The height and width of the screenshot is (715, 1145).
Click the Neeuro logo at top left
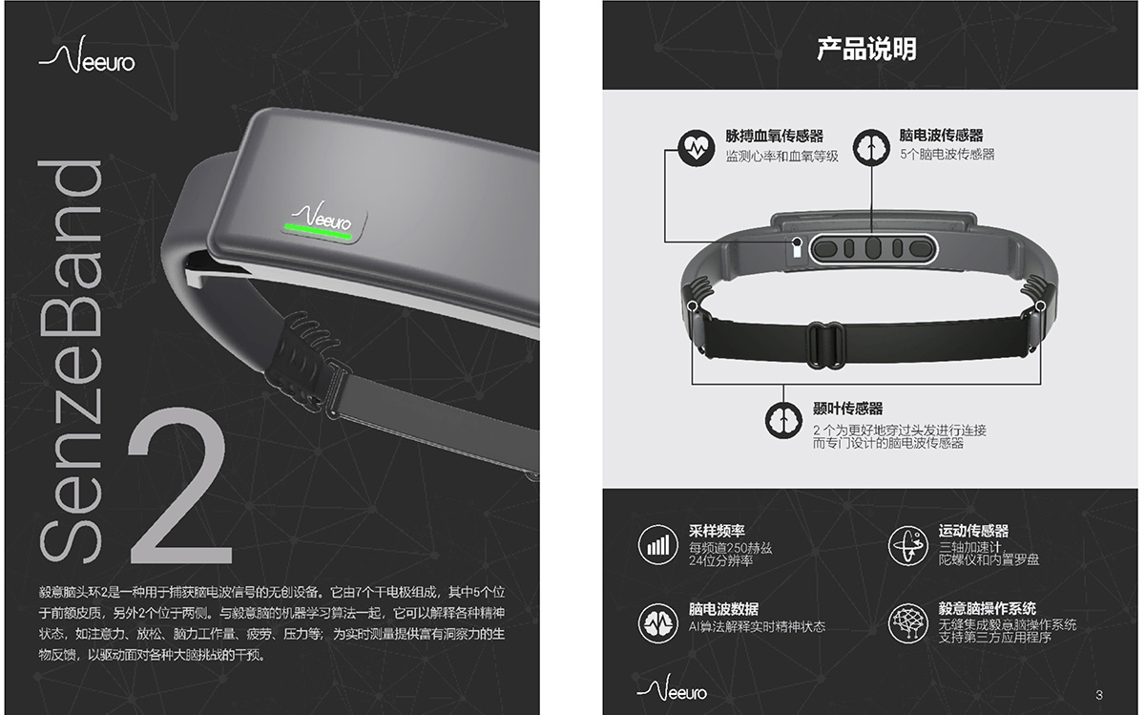tap(87, 55)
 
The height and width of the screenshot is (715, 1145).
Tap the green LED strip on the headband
tap(318, 231)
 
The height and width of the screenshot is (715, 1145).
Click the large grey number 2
tap(180, 486)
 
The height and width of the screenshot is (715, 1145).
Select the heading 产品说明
tap(866, 49)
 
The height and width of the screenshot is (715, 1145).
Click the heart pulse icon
tap(697, 147)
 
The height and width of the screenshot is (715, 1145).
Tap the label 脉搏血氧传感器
tap(775, 136)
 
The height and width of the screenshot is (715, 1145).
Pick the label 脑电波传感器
tap(941, 135)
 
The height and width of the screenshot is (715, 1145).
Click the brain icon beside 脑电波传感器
tap(871, 147)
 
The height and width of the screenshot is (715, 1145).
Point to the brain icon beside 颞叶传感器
tap(783, 420)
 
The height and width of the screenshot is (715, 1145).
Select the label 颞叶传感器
tap(848, 409)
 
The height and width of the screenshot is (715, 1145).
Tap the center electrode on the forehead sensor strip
tap(873, 248)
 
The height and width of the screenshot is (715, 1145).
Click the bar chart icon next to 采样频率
tap(657, 545)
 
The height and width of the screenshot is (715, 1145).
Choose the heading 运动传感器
tap(973, 531)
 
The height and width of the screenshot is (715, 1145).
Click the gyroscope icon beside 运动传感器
tap(907, 546)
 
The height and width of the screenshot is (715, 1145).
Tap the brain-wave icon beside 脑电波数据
tap(657, 623)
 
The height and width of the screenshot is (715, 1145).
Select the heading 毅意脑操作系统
tap(987, 608)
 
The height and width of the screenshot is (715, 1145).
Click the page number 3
tap(1099, 695)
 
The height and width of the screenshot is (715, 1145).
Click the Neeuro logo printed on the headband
tap(323, 215)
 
